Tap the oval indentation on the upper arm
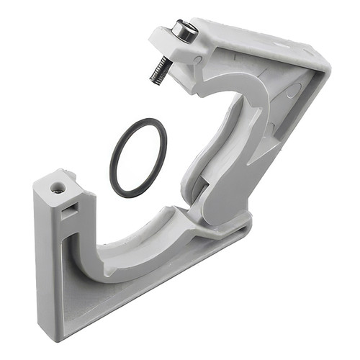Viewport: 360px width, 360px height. tap(291, 91)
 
